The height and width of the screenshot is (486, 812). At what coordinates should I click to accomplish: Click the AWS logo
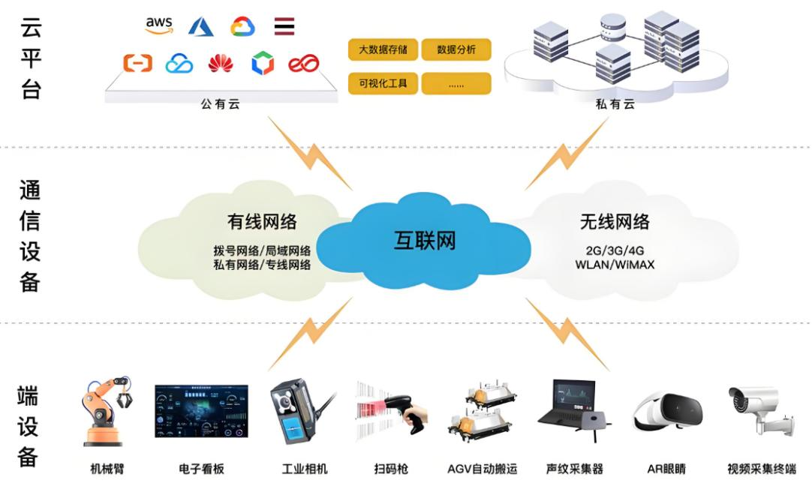coord(159,25)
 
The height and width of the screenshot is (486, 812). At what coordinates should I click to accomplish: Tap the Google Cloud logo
coord(242,27)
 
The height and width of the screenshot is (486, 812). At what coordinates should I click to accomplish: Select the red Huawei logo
coord(221,64)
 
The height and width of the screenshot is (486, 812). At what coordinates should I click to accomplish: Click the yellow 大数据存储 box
coord(383,50)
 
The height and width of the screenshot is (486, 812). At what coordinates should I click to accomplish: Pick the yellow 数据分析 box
coord(456,50)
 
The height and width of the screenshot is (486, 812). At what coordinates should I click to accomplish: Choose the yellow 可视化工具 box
coord(383,83)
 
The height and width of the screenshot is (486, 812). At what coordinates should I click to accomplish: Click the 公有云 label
coord(220,104)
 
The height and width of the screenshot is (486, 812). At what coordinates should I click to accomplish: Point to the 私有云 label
coord(615,104)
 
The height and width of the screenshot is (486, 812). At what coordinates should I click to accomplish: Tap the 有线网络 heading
coord(262,221)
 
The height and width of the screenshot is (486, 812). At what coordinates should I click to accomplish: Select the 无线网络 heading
coord(615,221)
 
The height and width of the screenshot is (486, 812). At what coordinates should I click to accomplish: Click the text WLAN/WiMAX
coord(615,265)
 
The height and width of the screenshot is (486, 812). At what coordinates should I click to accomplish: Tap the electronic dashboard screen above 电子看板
coord(201,411)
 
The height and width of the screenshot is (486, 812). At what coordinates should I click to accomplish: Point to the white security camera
coord(758,409)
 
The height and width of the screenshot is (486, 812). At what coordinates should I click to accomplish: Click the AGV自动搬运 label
coord(483,469)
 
